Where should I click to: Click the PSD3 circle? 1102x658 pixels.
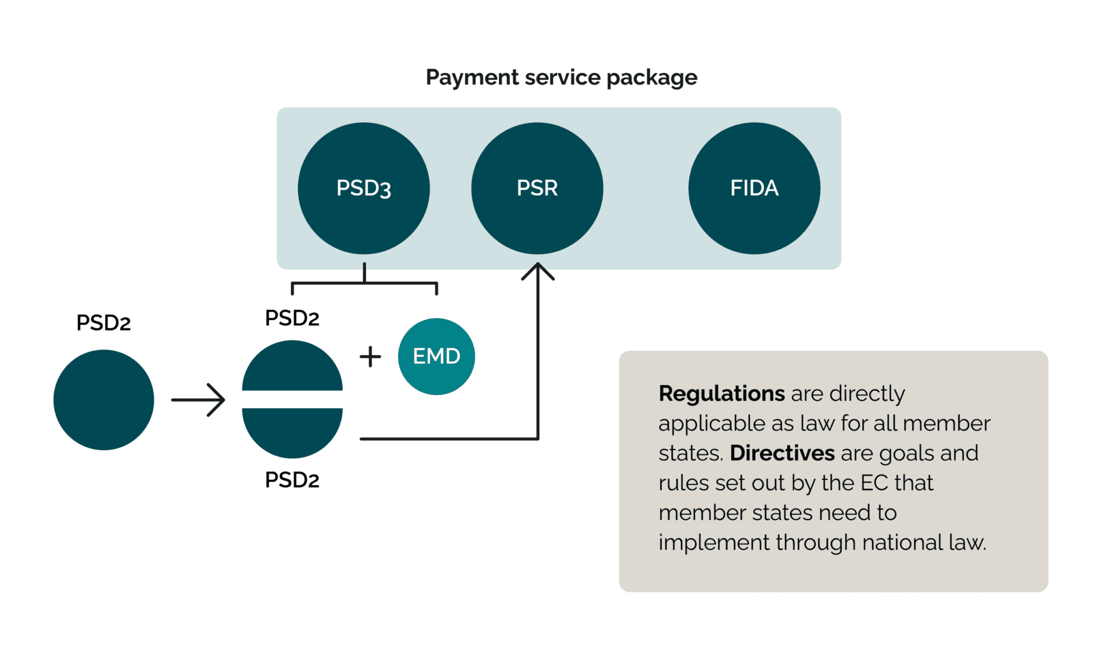tap(364, 188)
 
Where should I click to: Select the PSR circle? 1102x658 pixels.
tap(537, 188)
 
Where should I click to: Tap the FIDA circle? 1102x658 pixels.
tap(754, 188)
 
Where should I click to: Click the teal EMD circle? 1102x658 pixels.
tap(436, 356)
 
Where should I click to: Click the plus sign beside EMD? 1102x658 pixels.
tap(370, 357)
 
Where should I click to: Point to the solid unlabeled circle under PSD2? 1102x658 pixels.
tap(104, 400)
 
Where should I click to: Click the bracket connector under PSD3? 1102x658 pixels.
tap(364, 282)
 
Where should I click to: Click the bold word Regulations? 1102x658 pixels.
tap(721, 394)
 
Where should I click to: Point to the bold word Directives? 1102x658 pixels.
tap(782, 453)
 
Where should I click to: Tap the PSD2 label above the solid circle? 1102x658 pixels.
tap(103, 323)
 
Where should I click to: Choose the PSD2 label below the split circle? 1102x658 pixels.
tap(292, 480)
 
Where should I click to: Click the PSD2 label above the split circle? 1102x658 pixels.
tap(292, 318)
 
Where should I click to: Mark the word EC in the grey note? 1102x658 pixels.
tap(874, 483)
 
